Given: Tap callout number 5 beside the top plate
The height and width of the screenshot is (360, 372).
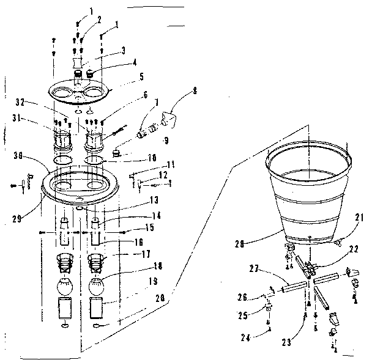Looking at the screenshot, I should point(143,76).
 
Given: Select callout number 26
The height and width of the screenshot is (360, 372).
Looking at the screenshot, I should point(242,298).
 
